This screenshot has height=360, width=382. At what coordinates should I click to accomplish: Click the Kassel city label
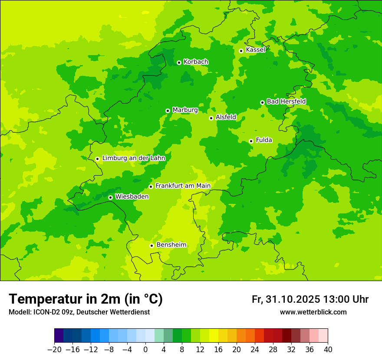click(x=255, y=50)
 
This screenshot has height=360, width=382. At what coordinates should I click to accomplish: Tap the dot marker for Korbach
click(x=179, y=62)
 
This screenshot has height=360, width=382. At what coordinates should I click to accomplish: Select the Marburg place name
click(x=185, y=110)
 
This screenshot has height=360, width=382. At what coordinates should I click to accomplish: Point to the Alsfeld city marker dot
click(x=211, y=118)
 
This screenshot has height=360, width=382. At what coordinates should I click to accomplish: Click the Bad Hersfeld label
click(x=286, y=101)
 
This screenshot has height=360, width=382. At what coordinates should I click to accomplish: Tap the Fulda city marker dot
click(x=251, y=141)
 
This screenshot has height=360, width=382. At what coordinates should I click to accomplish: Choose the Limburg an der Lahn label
click(x=133, y=158)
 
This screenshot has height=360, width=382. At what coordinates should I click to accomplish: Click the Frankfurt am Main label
click(x=183, y=186)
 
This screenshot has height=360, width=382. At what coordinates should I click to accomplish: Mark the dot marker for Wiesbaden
click(x=110, y=197)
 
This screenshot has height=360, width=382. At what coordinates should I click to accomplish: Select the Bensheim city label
click(x=171, y=245)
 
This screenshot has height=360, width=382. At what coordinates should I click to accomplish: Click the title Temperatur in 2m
click(x=86, y=299)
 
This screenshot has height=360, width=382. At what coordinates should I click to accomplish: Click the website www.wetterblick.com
click(x=313, y=312)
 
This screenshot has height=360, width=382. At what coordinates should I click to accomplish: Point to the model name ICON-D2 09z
click(x=50, y=312)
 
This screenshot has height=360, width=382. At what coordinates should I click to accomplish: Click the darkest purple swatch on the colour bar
click(x=59, y=336)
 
